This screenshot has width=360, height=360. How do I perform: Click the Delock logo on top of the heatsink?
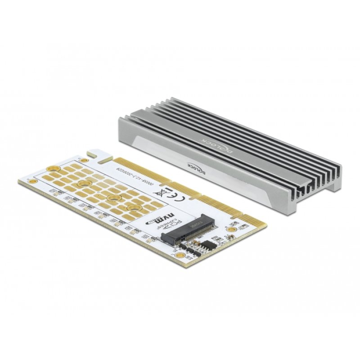coord(210,144)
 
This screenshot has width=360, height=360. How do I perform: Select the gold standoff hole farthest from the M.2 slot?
coord(83,184)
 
